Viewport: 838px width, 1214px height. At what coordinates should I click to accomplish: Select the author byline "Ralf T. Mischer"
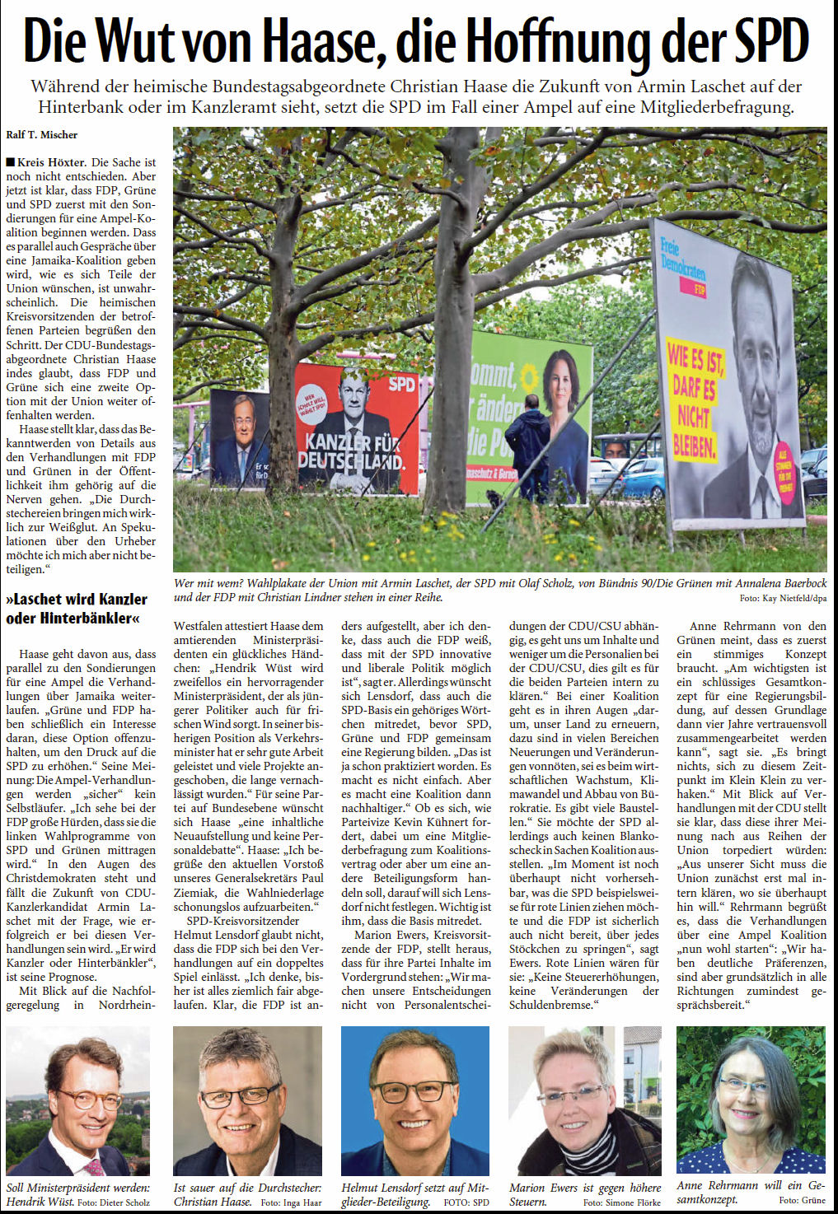[41, 134]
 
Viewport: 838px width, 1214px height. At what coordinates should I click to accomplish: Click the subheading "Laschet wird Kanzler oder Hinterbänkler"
[76, 608]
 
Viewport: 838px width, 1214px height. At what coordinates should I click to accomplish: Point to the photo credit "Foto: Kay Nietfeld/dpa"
[782, 598]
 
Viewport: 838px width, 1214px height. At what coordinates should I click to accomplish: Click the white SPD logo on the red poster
[401, 385]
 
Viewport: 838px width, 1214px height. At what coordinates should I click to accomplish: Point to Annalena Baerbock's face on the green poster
[563, 385]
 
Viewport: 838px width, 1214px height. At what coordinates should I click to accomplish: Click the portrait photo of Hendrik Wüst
[78, 1100]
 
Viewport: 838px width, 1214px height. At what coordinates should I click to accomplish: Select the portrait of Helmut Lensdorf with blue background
[414, 1100]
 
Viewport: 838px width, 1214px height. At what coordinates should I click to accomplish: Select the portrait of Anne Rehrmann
[750, 1099]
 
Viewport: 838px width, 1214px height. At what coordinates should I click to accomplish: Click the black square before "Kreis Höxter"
[10, 162]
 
